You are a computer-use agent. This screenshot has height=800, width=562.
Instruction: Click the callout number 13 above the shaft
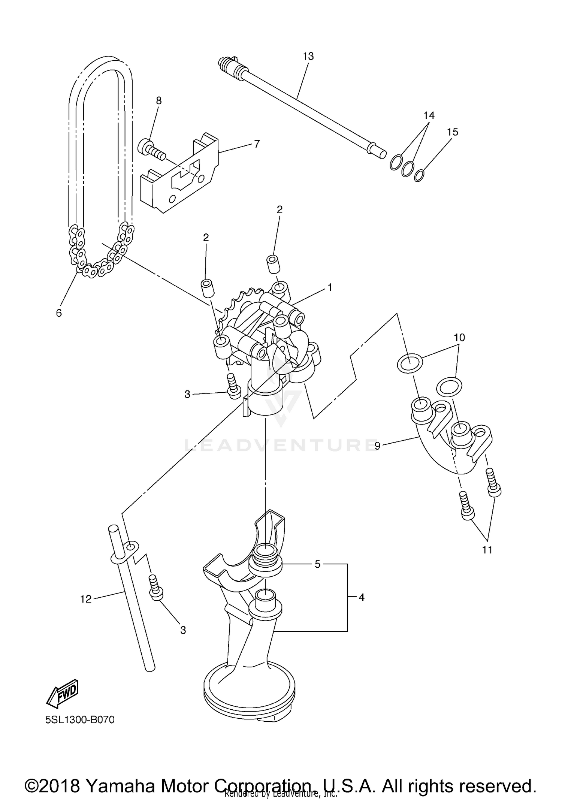click(308, 57)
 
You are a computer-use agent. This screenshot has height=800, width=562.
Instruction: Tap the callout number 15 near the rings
click(453, 132)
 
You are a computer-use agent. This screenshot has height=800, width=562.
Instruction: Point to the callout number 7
click(257, 144)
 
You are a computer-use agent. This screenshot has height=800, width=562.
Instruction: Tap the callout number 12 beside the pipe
click(86, 599)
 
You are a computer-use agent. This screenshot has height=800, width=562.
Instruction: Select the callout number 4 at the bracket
click(361, 598)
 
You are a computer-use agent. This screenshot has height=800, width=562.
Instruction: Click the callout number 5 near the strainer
click(318, 564)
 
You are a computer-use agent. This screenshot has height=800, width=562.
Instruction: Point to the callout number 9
click(377, 446)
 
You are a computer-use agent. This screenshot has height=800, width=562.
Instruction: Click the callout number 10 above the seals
click(459, 338)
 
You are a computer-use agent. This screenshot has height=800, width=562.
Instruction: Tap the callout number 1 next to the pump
click(330, 288)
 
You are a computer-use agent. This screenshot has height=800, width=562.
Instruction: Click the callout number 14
click(429, 115)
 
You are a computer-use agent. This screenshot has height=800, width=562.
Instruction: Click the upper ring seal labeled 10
click(410, 363)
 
